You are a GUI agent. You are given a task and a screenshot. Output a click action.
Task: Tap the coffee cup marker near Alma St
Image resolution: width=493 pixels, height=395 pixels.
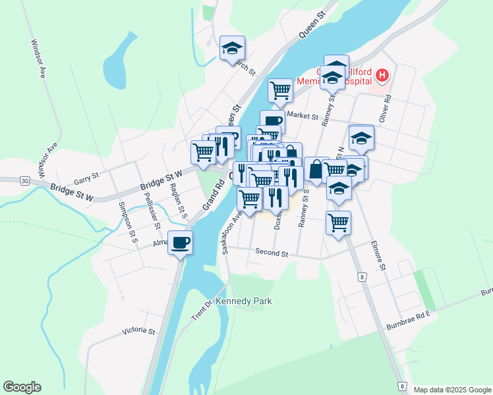(180, 242)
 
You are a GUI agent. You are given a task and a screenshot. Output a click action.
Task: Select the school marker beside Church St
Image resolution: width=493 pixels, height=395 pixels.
(232, 48)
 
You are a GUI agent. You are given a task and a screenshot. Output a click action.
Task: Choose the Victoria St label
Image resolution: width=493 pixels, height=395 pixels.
(138, 331)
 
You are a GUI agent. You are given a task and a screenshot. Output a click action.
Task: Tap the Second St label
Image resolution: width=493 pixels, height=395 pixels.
(272, 253)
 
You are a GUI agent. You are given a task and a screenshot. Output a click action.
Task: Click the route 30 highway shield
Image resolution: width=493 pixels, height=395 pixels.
(24, 180)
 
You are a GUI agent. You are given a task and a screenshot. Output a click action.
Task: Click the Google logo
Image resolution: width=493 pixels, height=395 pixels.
(22, 387)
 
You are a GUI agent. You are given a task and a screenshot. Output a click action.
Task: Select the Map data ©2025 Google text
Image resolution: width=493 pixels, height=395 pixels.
(451, 390)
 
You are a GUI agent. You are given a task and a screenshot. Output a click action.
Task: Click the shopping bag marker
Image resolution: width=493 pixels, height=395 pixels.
(316, 169)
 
